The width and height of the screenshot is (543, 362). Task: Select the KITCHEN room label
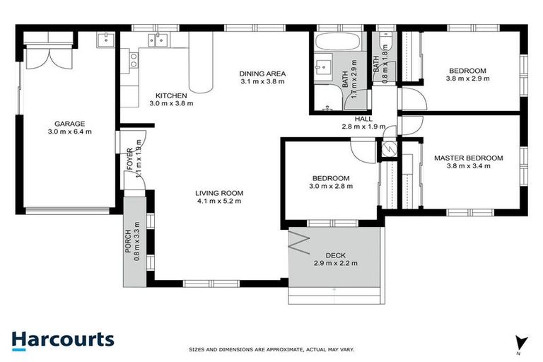(x=171, y=95)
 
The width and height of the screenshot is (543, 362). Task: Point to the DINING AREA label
(x=262, y=73)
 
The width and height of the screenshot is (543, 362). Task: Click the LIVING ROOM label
(x=219, y=193)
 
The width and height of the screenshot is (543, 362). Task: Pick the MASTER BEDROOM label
(x=468, y=158)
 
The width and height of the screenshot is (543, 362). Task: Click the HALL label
(x=363, y=119)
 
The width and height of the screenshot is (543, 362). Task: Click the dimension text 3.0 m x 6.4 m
(x=69, y=131)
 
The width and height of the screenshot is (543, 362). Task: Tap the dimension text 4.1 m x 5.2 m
(x=219, y=201)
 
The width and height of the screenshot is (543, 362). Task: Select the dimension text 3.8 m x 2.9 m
(x=467, y=78)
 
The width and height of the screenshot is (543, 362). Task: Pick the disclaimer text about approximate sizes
(x=271, y=349)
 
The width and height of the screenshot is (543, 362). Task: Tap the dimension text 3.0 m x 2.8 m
(x=331, y=186)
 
